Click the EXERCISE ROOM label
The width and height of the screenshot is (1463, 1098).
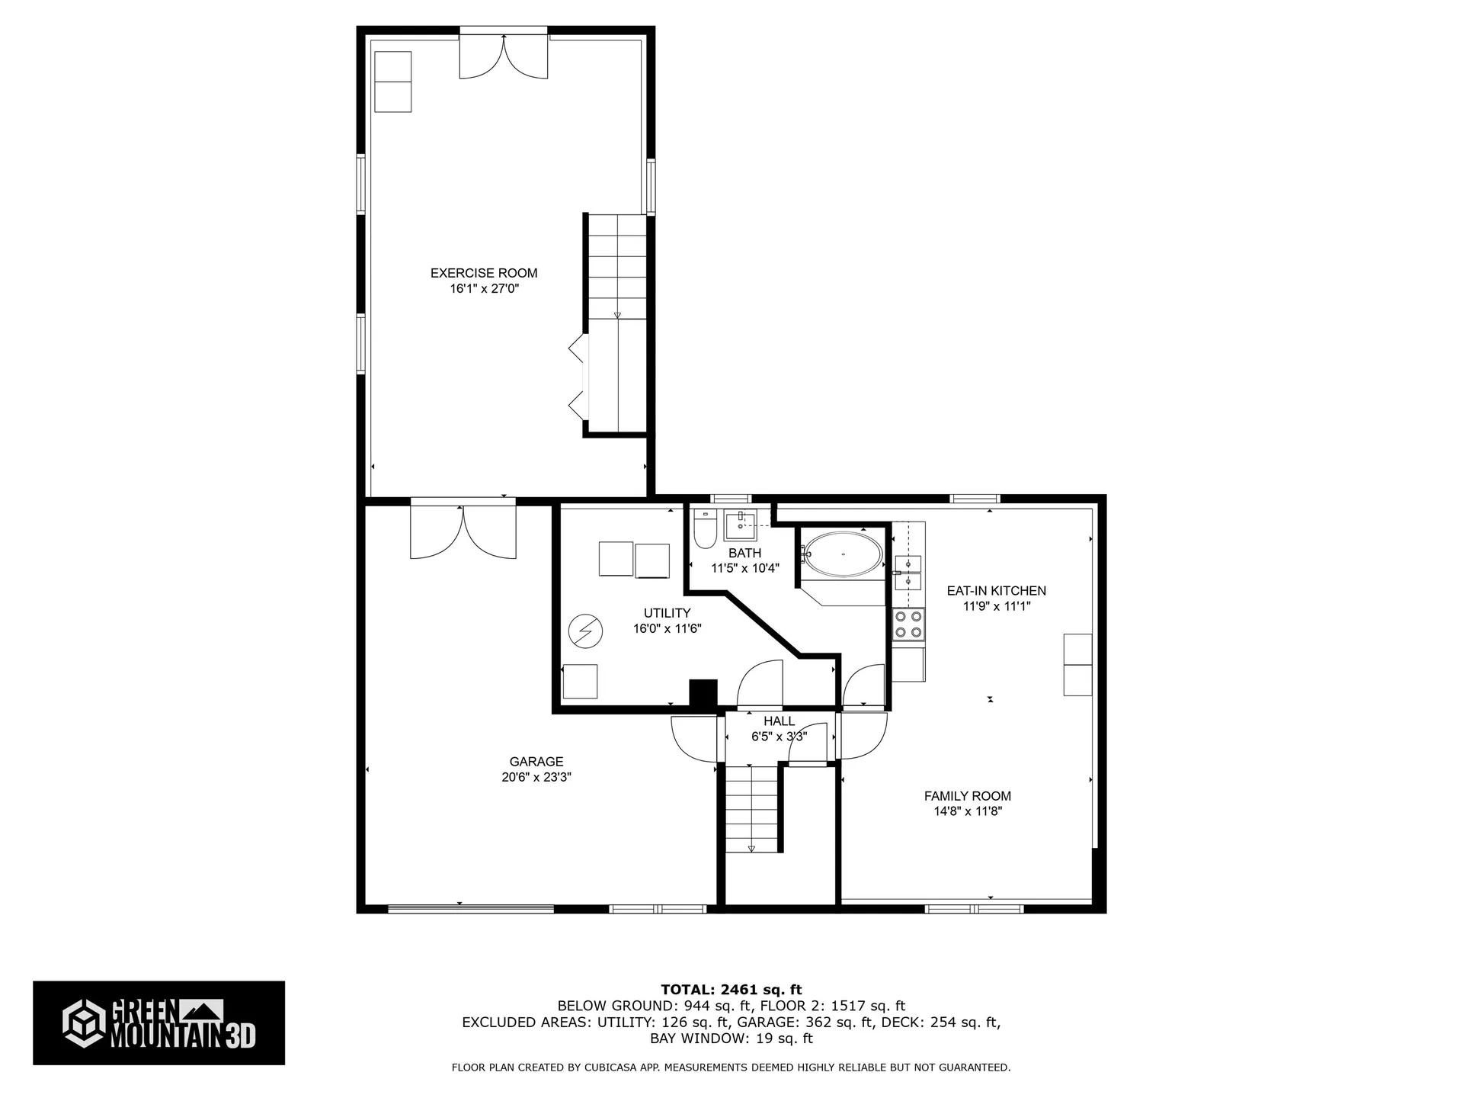tap(484, 273)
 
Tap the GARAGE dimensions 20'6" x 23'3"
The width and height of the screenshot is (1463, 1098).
tap(536, 778)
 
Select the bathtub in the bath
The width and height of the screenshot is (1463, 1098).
tap(844, 554)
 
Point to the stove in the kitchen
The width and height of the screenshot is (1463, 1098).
tap(908, 624)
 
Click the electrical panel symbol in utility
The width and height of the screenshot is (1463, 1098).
tap(585, 631)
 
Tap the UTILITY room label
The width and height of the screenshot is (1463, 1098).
tap(667, 613)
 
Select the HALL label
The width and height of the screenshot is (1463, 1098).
tap(779, 721)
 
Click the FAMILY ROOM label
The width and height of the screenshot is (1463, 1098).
tap(968, 796)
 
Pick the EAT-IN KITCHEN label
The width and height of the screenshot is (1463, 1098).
tap(996, 591)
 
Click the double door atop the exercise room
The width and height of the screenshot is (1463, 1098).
tap(503, 55)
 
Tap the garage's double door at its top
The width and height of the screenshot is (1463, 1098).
tap(463, 531)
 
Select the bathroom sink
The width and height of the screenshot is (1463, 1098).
tap(739, 525)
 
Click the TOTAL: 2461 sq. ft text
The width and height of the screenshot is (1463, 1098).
tap(731, 990)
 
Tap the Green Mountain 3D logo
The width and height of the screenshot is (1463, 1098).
tap(158, 1023)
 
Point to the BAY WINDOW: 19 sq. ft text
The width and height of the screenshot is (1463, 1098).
tap(731, 1039)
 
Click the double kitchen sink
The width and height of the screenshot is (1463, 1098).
tap(908, 573)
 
